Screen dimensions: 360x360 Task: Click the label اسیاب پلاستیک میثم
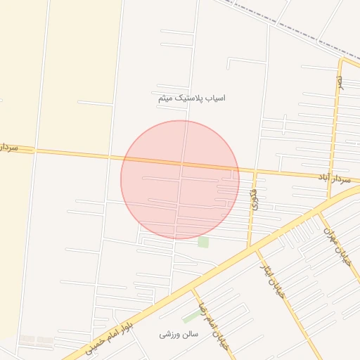click(x=192, y=98)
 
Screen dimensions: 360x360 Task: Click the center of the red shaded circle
click(x=180, y=179)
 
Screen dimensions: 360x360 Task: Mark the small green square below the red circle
click(x=203, y=242)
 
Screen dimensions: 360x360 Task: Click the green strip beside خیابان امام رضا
click(x=191, y=317)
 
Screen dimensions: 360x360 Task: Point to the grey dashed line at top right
click(x=295, y=28)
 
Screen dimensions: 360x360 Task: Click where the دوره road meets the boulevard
click(x=249, y=247)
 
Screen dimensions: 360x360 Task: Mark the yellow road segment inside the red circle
click(x=180, y=166)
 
